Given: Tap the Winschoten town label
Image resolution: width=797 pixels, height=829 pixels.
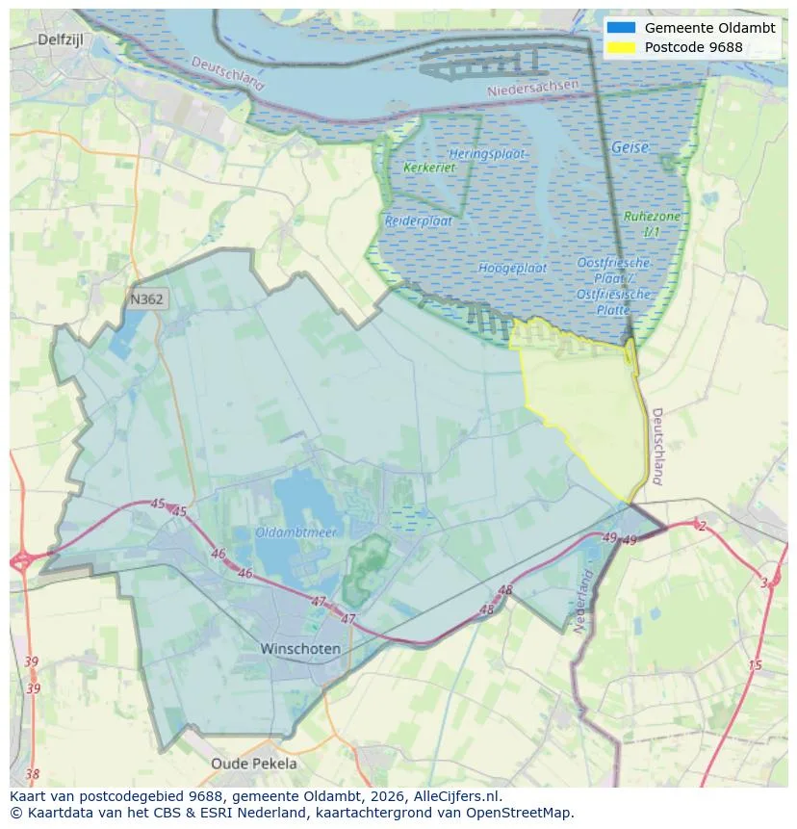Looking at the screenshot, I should [299, 649].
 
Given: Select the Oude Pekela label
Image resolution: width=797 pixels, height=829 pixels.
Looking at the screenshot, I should [254, 764].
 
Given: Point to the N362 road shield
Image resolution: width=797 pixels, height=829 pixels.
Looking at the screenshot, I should [146, 299].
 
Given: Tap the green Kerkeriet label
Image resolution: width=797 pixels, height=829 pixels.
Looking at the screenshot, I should [429, 168].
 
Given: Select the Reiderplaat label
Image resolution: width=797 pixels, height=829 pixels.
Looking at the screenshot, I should [418, 220].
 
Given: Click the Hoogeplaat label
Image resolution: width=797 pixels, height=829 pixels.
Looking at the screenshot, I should [512, 268].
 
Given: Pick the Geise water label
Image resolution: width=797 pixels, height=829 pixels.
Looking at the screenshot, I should [630, 147].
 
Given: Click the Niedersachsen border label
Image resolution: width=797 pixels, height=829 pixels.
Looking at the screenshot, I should [533, 88].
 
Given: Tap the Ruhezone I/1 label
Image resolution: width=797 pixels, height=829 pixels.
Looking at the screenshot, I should [652, 224].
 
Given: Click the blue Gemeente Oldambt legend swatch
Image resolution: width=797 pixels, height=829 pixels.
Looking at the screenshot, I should [622, 28].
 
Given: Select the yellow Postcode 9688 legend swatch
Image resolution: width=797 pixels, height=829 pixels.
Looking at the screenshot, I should [622, 47].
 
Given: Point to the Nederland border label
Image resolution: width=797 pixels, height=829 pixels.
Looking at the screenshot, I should [583, 602].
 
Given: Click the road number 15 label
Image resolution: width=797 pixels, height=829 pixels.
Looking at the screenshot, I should [755, 665].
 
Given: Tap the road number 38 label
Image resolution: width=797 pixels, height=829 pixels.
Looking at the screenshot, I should [33, 774].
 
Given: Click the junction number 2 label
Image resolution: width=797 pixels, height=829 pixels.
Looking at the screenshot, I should [702, 525].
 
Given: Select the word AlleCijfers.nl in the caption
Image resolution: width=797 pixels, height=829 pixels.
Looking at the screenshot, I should [452, 796].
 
